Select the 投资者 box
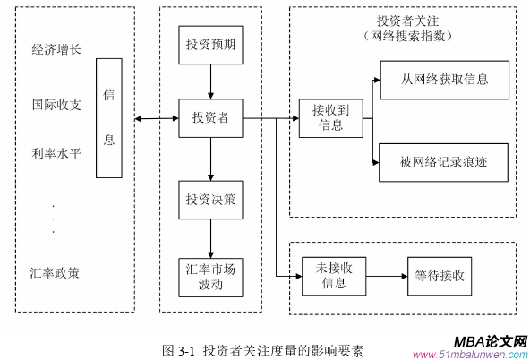(x=210, y=118)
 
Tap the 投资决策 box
(x=210, y=200)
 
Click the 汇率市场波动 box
(x=210, y=277)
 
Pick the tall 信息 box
(x=109, y=117)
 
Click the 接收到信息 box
(x=330, y=118)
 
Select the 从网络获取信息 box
(x=444, y=79)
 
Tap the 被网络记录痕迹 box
(x=444, y=162)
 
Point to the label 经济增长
(x=56, y=49)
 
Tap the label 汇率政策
(x=56, y=272)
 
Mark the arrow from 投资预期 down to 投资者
(x=210, y=82)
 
